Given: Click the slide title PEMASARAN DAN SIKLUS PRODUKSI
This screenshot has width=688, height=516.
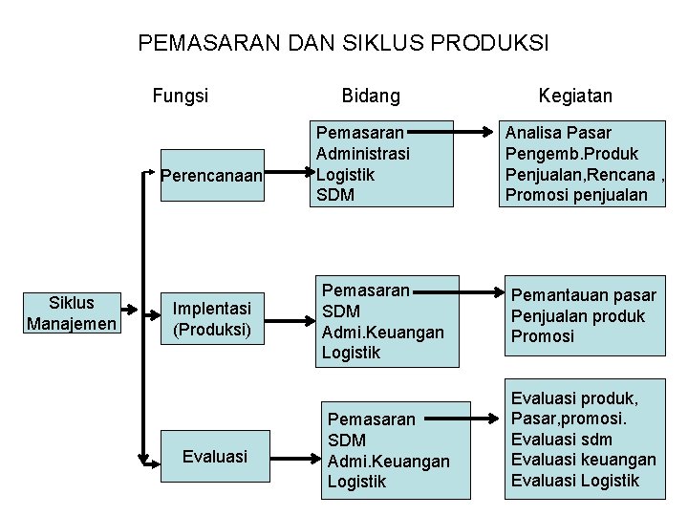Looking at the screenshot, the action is tap(344, 43).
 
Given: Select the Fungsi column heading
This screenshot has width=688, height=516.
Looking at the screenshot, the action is tap(181, 96).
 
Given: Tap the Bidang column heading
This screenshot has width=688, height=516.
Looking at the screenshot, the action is tap(371, 96).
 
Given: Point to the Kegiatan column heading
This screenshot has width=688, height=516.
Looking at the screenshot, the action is tap(575, 96).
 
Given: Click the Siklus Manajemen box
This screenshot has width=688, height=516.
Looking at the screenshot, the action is tap(72, 313).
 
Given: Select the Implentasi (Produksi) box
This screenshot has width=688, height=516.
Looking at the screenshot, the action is tap(211, 318).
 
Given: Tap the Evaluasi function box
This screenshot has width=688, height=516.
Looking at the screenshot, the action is tap(215, 457).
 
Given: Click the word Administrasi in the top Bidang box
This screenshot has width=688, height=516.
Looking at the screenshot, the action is tap(362, 154).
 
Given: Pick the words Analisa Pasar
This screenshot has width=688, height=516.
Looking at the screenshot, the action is tap(559, 133).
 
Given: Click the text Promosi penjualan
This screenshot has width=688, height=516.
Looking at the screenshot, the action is tap(576, 195).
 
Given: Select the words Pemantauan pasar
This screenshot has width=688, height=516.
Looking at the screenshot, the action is tap(584, 294).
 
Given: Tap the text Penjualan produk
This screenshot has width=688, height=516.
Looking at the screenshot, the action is tap(578, 315).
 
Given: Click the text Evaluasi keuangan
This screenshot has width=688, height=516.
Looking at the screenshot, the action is tap(584, 460).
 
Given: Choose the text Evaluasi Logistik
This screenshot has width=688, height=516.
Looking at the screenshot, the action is tap(575, 481).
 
